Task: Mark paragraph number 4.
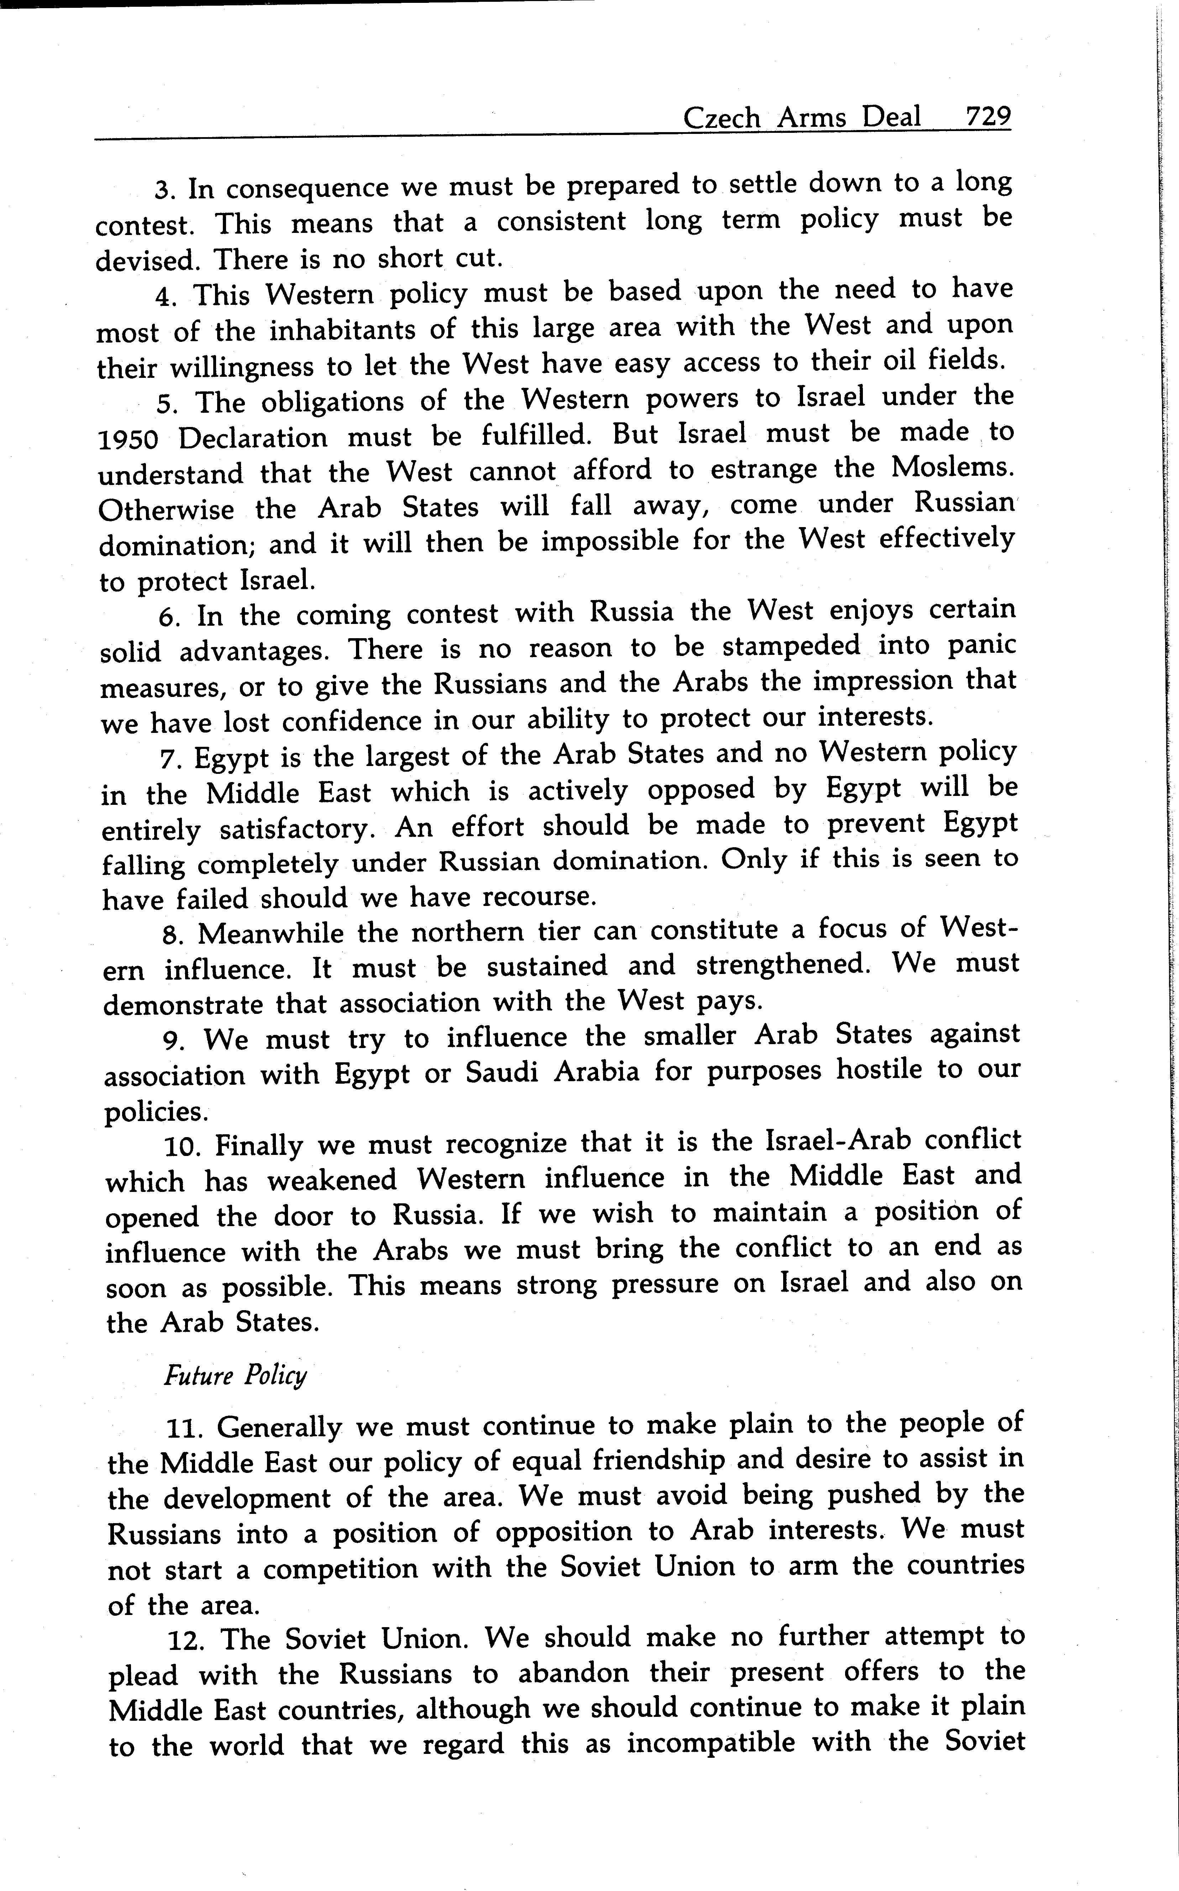coord(164,296)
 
